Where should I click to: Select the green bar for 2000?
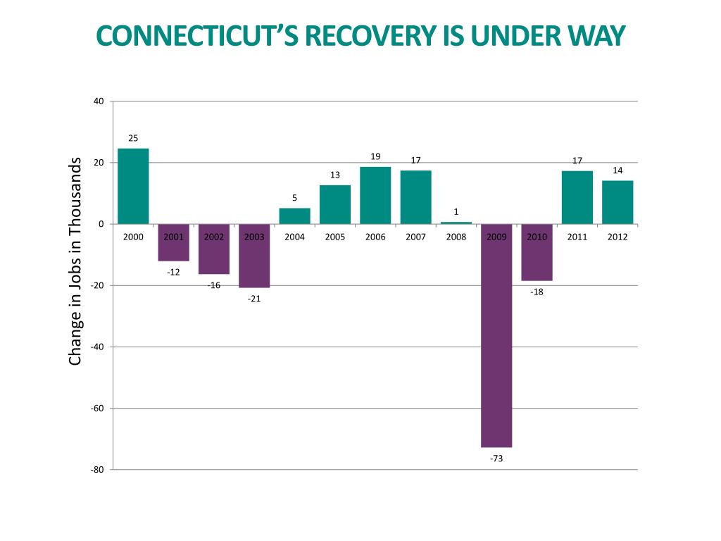(x=133, y=186)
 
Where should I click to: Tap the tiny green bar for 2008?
(x=456, y=223)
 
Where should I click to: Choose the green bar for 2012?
(x=617, y=202)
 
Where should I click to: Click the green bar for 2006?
(x=375, y=195)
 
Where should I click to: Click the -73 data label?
(x=496, y=459)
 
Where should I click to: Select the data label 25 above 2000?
(x=133, y=138)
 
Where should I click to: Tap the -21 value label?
(x=254, y=299)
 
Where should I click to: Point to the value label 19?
(x=375, y=156)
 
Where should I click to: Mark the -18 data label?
(x=537, y=292)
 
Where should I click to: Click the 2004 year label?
(x=294, y=237)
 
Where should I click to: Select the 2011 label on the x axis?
(x=577, y=237)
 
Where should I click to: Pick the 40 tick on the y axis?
(x=99, y=101)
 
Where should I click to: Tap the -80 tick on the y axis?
(x=97, y=470)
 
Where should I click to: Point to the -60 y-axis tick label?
(x=97, y=409)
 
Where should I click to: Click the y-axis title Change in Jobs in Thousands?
(x=75, y=261)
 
